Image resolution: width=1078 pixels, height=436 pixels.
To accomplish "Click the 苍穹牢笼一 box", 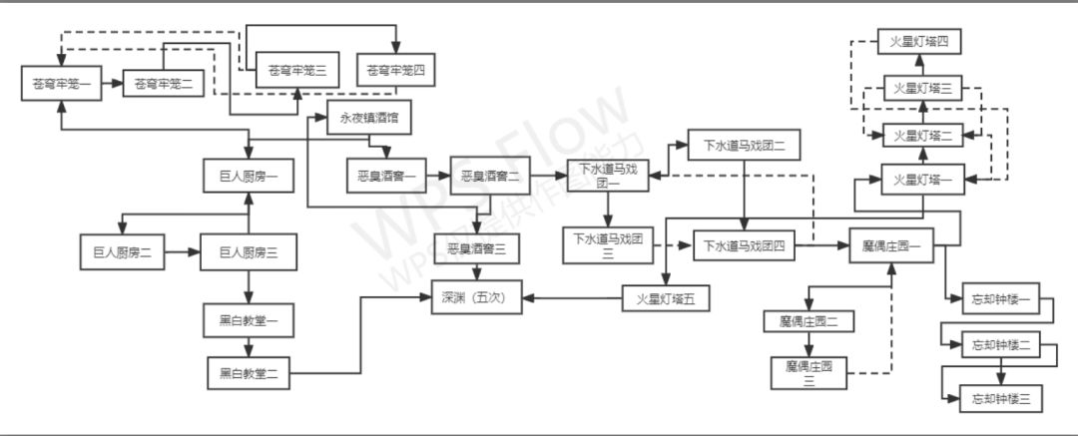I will point(62,84).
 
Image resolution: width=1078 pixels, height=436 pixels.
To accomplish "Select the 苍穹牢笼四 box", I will point(395,72).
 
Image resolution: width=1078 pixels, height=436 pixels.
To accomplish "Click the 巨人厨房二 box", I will point(123,252).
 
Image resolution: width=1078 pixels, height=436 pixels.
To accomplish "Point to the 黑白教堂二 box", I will point(249,373).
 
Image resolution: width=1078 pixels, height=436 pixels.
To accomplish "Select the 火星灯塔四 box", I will point(919,43).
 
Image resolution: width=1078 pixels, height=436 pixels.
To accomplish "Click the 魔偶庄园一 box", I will point(891,245).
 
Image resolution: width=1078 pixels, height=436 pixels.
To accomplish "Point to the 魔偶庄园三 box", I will point(808,372).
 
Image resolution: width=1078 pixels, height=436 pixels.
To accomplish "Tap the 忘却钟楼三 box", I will point(1001,399).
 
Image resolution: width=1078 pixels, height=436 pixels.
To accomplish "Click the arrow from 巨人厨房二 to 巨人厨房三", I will point(182,252).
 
